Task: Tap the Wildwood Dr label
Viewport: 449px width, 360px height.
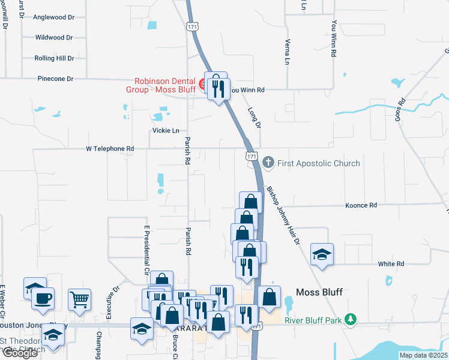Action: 54,37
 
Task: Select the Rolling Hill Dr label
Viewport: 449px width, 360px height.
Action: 55,58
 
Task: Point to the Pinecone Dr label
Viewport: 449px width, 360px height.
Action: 55,79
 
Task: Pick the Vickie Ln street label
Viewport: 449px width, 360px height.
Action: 166,130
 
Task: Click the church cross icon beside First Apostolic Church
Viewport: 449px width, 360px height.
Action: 268,163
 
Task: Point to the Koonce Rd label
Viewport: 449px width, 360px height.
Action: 361,205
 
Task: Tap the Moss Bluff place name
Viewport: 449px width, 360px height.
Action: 319,292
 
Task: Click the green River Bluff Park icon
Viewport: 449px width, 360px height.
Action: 352,320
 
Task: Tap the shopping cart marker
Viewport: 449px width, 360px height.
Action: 80,299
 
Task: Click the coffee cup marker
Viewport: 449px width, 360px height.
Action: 43,298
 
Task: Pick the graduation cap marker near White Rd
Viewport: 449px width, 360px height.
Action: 322,254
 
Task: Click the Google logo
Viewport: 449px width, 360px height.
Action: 20,353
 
